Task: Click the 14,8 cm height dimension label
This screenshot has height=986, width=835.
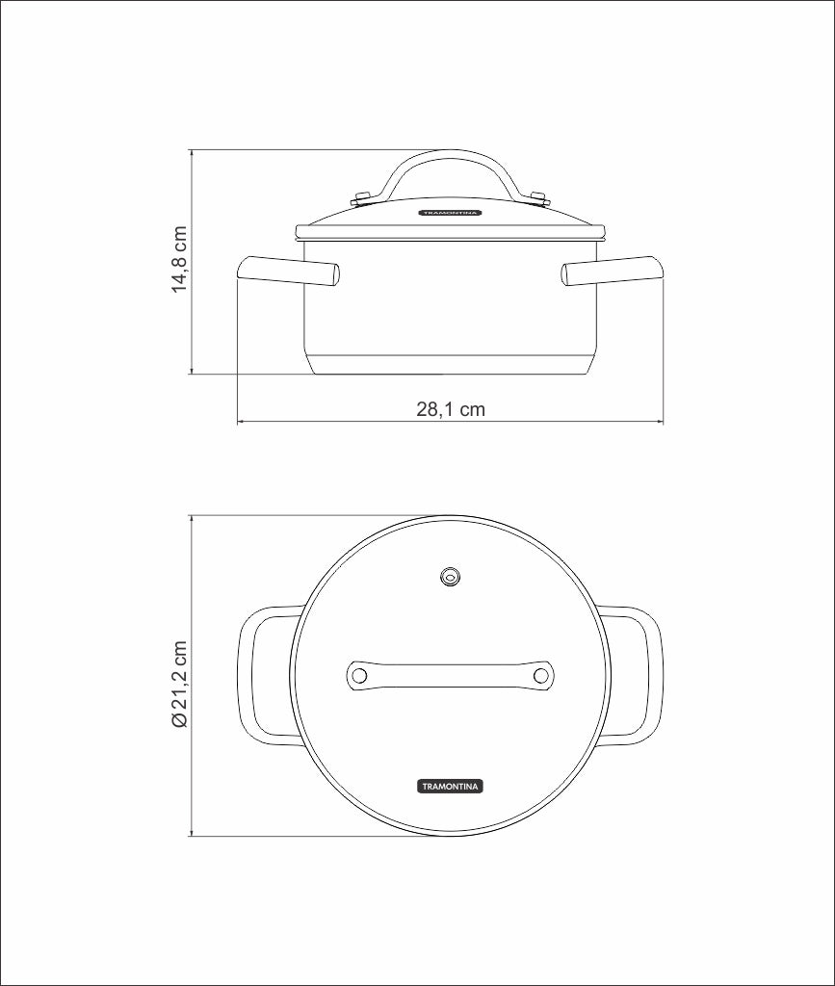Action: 179,258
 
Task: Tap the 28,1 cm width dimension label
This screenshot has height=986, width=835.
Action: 451,409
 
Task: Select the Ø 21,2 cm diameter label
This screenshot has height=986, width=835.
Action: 179,685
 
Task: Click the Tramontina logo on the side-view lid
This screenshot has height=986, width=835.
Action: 450,213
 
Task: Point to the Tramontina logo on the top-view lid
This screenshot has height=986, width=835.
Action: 450,786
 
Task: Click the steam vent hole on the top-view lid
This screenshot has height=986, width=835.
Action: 450,576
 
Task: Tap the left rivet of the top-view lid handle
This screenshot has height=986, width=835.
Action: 359,675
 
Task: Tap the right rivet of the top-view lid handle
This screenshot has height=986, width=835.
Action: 540,675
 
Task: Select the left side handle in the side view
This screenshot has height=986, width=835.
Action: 289,270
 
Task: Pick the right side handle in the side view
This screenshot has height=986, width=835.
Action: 612,270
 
